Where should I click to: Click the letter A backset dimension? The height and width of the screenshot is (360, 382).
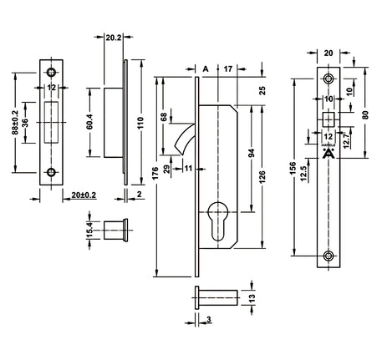coord(206,68)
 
